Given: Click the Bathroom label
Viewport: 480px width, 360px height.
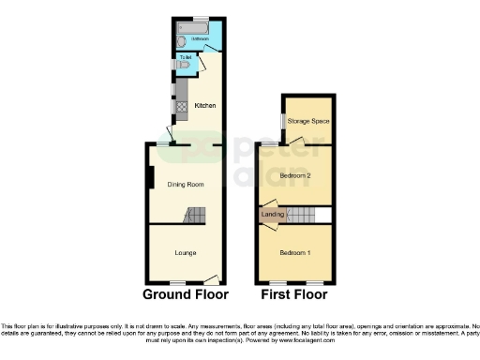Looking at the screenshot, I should click(x=200, y=38).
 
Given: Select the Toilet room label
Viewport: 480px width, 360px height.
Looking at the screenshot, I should click(x=186, y=58).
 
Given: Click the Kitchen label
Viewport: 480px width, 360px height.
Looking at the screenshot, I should click(x=204, y=105).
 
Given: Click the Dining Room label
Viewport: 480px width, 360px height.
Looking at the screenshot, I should click(x=185, y=184).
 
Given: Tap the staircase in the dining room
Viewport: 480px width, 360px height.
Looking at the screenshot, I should click(x=192, y=217).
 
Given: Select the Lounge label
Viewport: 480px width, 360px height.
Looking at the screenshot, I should click(x=185, y=252).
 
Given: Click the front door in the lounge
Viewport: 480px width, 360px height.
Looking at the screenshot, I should click(x=211, y=278).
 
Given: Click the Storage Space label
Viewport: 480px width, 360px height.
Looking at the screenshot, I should click(x=308, y=121).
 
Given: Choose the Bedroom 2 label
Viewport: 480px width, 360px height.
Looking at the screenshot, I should click(x=294, y=174).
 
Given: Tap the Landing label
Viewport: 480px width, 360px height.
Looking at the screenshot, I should click(x=273, y=216).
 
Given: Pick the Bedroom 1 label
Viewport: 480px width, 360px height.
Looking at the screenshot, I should click(x=294, y=252).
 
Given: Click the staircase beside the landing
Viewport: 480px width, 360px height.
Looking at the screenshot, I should click(x=300, y=216).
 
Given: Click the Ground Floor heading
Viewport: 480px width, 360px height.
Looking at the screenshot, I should click(x=186, y=293).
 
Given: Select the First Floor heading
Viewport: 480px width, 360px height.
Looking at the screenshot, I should click(x=293, y=293).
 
